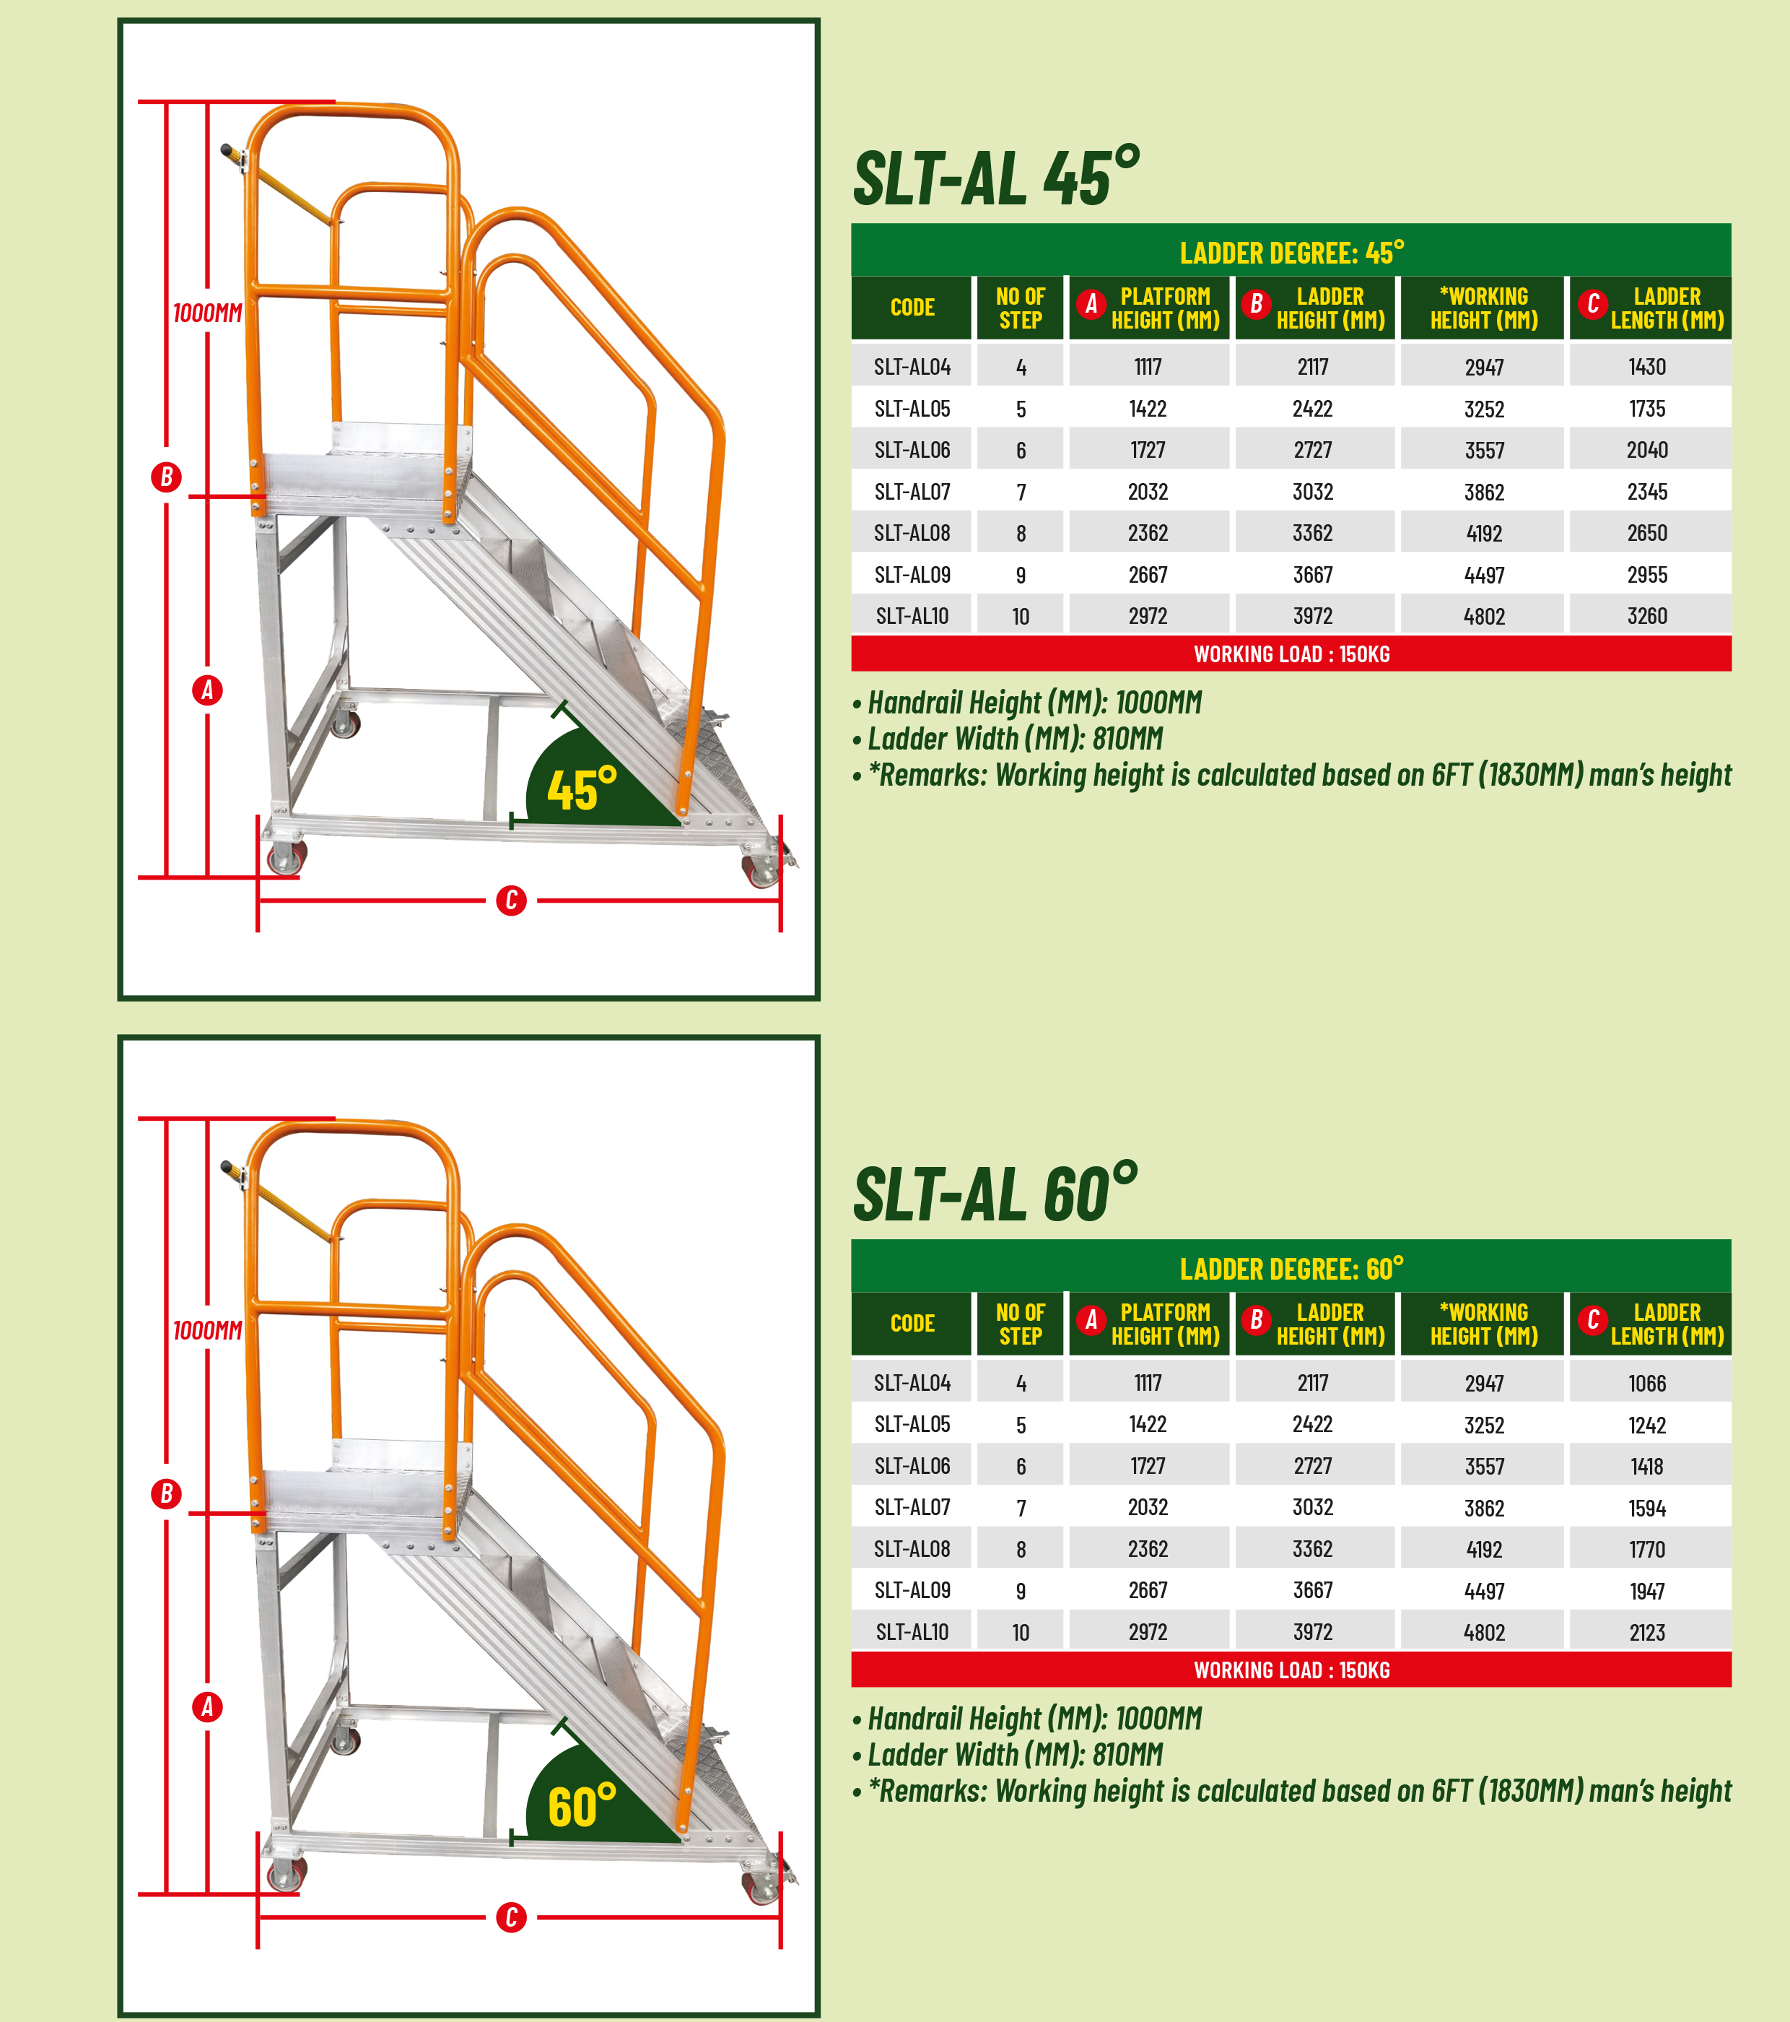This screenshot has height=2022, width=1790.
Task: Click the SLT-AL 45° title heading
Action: [x=995, y=178]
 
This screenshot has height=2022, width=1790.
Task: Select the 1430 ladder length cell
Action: [x=1646, y=367]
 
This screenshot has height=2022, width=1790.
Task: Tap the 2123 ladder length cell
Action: [x=1646, y=1632]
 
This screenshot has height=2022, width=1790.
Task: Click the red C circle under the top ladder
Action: [x=511, y=901]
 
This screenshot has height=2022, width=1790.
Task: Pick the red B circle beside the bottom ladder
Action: [x=166, y=1493]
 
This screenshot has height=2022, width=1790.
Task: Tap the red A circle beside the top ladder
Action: [x=206, y=690]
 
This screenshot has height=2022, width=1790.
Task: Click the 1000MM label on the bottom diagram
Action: [x=206, y=1330]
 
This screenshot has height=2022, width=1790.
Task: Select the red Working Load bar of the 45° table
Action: [x=1291, y=654]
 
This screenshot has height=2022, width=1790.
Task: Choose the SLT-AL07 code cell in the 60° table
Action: [x=912, y=1508]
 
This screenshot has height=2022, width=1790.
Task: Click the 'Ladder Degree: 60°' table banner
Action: [x=1291, y=1268]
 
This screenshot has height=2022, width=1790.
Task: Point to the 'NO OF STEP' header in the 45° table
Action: [x=1020, y=308]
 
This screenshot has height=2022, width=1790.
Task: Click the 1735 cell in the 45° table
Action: [x=1646, y=409]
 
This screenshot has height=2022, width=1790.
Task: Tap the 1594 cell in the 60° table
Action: [x=1646, y=1508]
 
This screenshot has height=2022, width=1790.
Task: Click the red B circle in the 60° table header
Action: [x=1256, y=1319]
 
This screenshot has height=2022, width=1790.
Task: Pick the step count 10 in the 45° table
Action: [x=1020, y=616]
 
